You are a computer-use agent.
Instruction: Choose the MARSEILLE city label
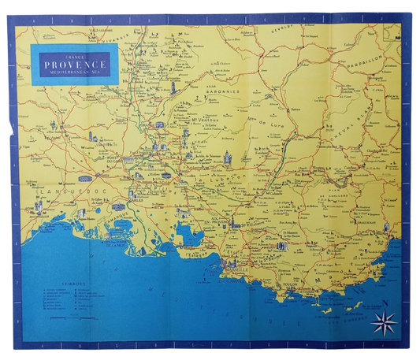point(236,269)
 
